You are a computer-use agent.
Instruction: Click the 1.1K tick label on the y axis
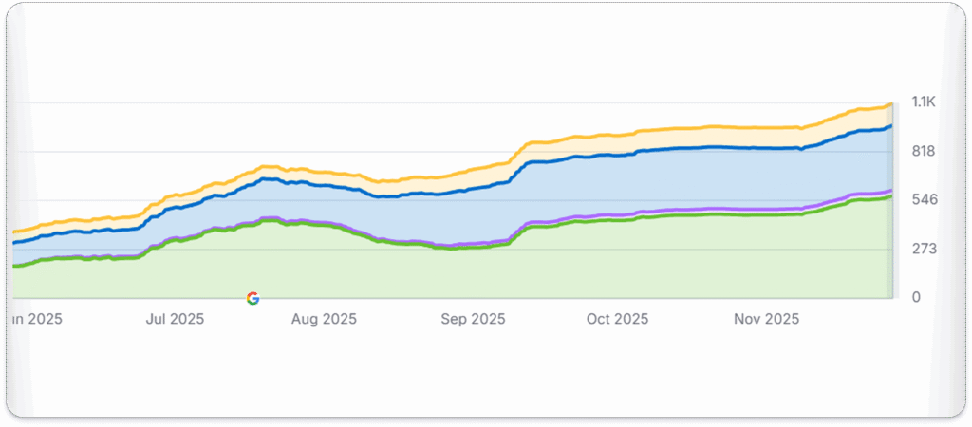(925, 102)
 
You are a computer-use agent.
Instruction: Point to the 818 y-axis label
(925, 151)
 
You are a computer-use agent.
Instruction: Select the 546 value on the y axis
(925, 199)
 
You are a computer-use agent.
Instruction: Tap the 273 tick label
(925, 249)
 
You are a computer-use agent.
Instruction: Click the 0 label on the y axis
(915, 298)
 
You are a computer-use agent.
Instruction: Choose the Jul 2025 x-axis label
(175, 319)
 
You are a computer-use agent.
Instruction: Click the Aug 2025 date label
(325, 319)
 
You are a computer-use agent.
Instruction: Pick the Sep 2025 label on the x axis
(474, 319)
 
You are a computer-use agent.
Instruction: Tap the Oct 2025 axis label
(618, 319)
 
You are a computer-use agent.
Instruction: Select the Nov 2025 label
(767, 319)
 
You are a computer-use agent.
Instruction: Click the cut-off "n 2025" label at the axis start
(36, 319)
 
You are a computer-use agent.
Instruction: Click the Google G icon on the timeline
(252, 298)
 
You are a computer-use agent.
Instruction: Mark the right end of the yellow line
(890, 104)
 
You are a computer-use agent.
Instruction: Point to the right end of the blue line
(890, 126)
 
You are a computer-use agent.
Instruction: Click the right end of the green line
(890, 196)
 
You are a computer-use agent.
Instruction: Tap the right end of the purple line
(890, 191)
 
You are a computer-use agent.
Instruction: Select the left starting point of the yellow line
(13, 232)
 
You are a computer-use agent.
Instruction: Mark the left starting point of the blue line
(13, 244)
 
